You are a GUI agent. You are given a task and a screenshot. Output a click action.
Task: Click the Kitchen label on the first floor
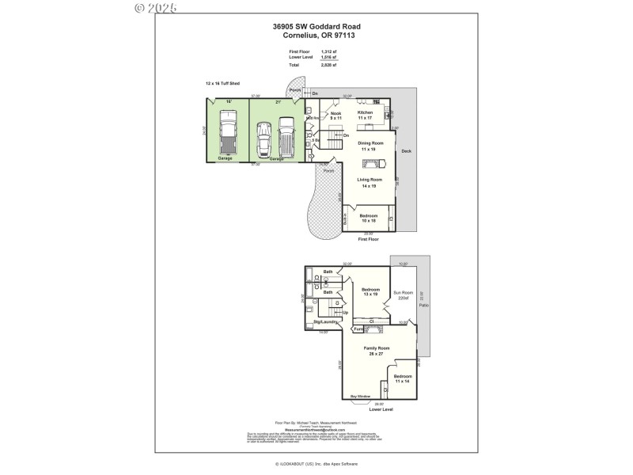[x=365, y=112]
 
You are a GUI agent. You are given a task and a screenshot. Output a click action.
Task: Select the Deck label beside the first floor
[x=406, y=151]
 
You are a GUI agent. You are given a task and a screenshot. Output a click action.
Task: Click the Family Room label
[x=377, y=348]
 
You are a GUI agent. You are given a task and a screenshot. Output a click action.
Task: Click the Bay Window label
[x=360, y=396]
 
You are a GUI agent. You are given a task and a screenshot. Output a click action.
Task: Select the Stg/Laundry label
[x=326, y=322]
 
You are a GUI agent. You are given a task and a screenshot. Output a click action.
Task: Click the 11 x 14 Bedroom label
[x=403, y=378]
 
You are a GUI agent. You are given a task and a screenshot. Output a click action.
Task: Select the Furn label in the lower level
[x=358, y=329]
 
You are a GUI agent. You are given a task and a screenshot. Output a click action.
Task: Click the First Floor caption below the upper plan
[x=369, y=238]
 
